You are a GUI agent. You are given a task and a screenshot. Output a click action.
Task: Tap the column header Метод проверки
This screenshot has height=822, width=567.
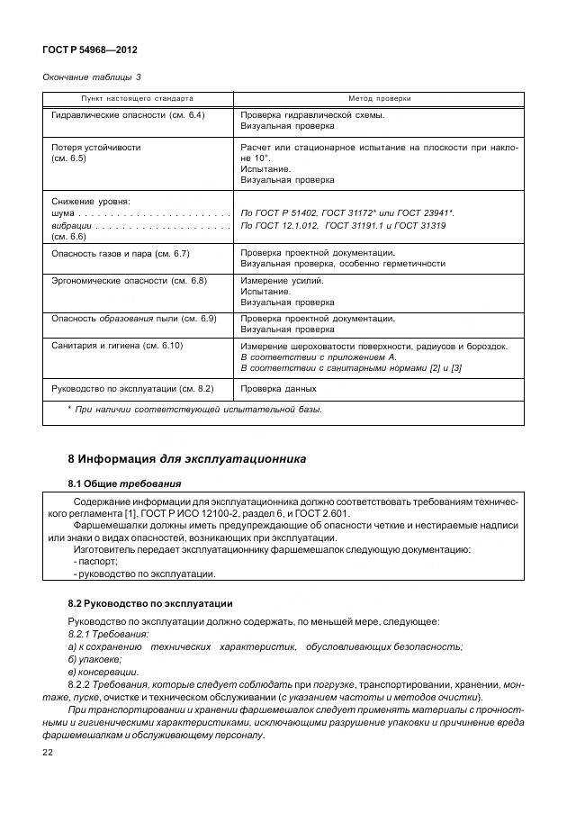[379, 98]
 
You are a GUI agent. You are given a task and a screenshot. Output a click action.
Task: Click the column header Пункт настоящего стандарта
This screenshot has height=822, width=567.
[138, 98]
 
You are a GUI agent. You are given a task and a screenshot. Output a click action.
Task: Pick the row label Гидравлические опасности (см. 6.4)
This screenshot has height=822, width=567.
[128, 115]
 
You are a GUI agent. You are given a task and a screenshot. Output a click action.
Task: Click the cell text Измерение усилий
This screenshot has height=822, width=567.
[281, 281]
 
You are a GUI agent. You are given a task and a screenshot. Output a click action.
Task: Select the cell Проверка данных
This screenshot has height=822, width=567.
[278, 388]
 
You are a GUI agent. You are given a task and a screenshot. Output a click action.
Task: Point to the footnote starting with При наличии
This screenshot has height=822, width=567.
[195, 411]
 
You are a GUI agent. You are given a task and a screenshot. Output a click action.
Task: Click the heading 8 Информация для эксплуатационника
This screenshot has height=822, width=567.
[186, 458]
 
